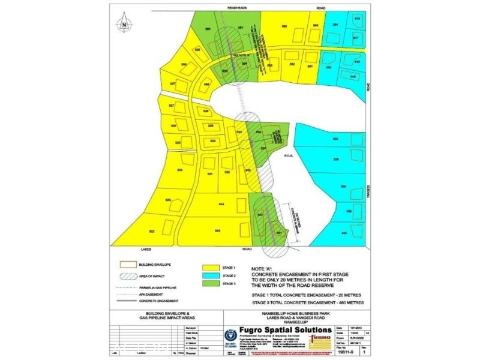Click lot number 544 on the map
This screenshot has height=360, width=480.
221,205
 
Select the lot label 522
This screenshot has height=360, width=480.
152,231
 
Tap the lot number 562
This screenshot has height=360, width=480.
284,26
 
